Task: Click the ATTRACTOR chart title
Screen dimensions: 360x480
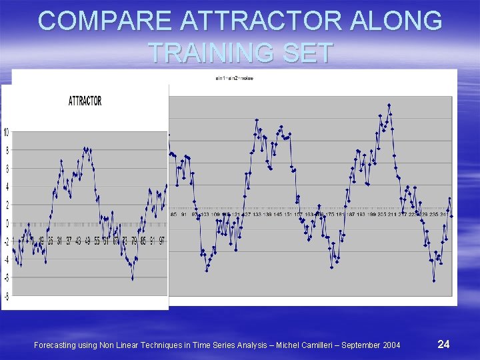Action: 85,101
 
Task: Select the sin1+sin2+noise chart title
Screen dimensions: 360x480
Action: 235,79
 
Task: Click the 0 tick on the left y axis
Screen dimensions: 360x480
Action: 7,223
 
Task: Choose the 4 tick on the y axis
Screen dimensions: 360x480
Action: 7,187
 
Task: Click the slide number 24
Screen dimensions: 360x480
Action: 443,344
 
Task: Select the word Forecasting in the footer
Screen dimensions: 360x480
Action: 57,345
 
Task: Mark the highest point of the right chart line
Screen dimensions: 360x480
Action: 389,105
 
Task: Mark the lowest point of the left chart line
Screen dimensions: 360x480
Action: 133,279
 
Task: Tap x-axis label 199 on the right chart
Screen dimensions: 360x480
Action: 372,215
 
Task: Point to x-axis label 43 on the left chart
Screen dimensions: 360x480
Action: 78,240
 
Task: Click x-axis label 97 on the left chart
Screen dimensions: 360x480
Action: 161,240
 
